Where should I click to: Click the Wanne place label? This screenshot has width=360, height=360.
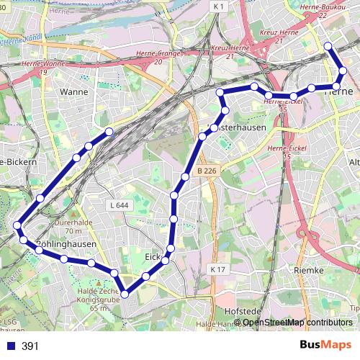[x=73, y=92]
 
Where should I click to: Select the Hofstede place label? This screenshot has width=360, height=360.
[x=241, y=310]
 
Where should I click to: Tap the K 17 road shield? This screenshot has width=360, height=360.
[x=219, y=269]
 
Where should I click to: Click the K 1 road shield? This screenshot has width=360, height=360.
[x=220, y=6]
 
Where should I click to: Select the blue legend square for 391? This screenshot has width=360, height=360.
[x=10, y=346]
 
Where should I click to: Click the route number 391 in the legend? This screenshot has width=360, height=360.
[x=30, y=346]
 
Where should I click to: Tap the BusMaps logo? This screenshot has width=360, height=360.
[x=320, y=346]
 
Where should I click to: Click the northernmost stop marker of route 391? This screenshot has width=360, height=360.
[x=328, y=46]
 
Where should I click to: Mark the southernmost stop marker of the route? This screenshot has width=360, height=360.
[x=125, y=293]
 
